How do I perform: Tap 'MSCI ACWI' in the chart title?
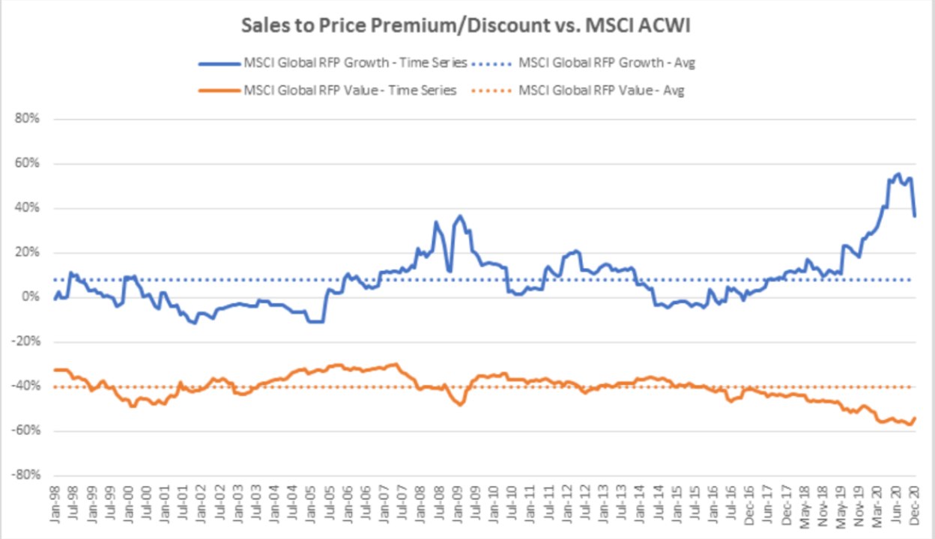(x=647, y=25)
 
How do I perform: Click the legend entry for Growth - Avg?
(x=606, y=63)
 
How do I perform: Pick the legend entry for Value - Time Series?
(x=349, y=91)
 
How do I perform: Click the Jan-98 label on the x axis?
(x=56, y=508)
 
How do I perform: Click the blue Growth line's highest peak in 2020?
(x=898, y=174)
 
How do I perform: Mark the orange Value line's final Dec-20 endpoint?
(x=915, y=418)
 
